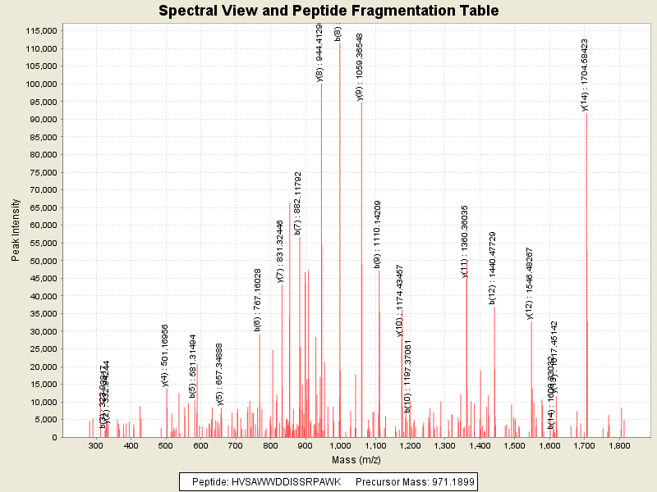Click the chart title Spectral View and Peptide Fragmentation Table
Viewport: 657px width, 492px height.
pyautogui.click(x=328, y=11)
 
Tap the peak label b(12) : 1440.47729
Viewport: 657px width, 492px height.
pyautogui.click(x=493, y=267)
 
